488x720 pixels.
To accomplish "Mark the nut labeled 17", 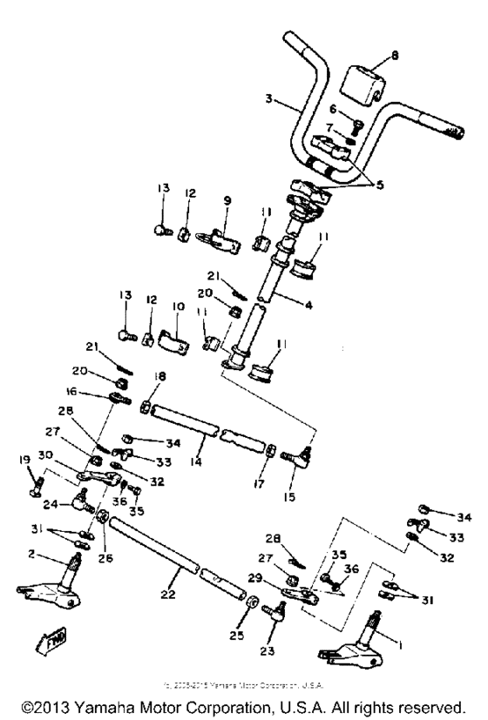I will click(271, 451).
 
